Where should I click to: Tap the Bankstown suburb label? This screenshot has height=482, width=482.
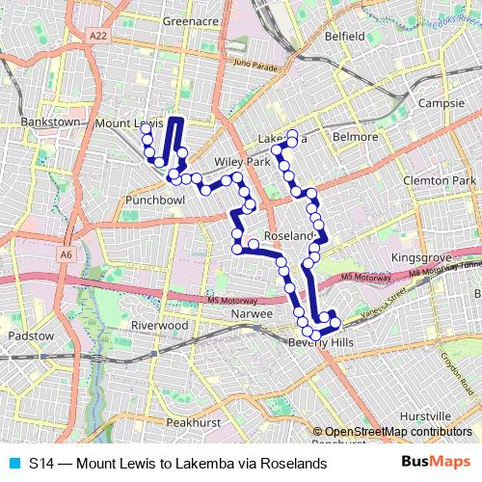[x=48, y=124]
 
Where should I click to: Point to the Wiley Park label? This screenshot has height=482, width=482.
[x=242, y=162]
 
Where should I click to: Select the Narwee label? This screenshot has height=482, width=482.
[x=249, y=314]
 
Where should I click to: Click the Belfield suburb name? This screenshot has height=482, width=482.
[x=345, y=36]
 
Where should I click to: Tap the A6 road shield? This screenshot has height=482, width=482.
[x=66, y=254]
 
